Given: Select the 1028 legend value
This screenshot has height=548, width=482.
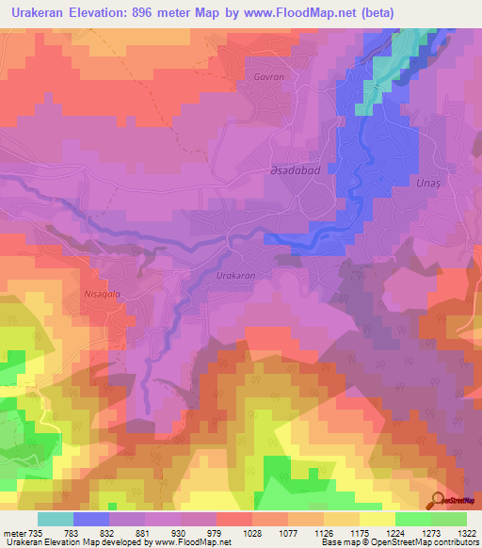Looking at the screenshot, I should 252,533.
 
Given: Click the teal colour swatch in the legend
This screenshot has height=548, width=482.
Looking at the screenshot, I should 55,519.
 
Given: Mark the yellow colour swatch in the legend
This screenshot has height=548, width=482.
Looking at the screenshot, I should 377,519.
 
